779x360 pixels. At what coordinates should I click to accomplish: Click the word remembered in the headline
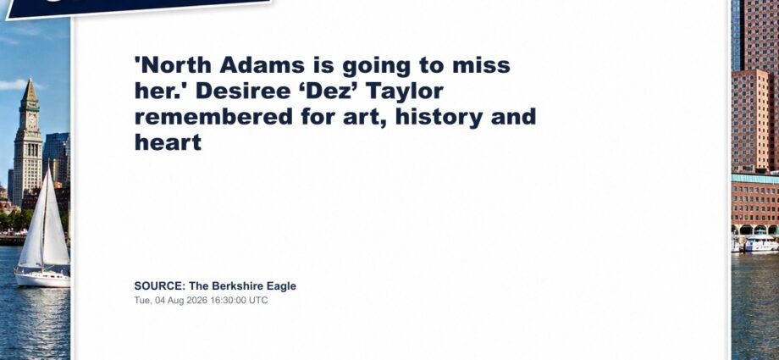coord(213,118)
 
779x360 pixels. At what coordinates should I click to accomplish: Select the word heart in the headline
coord(168,143)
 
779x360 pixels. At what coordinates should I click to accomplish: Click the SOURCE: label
coord(160,286)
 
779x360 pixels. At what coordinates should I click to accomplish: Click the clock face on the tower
coord(32,119)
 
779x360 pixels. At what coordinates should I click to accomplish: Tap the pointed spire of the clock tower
coord(30,89)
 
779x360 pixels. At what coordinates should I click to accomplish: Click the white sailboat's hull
coord(42,279)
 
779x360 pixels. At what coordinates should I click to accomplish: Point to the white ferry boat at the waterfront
coord(761,244)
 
